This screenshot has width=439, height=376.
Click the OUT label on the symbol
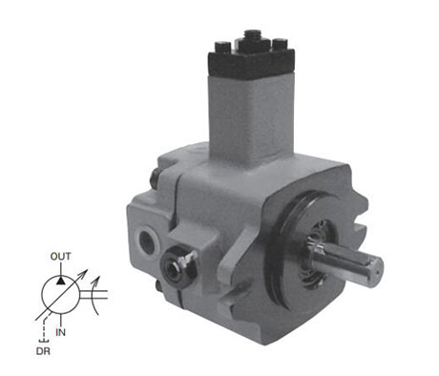pos(60,257)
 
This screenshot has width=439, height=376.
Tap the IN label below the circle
pos(60,332)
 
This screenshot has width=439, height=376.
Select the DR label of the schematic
pos(43,351)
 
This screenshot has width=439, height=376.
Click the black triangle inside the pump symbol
pos(60,281)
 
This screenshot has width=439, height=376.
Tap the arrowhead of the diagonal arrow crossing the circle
pos(84,273)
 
